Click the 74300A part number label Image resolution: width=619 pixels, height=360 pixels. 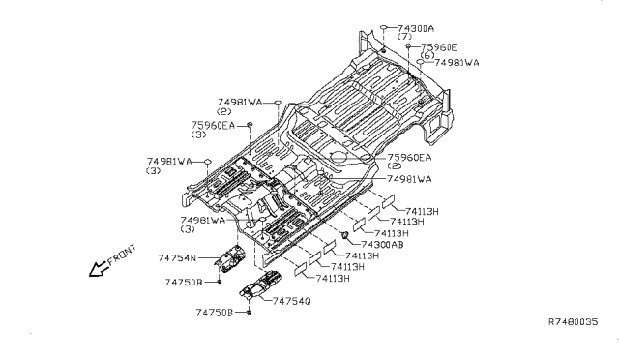point(410,28)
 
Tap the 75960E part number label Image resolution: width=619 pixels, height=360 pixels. point(440,46)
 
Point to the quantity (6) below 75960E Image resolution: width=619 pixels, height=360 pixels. point(427,55)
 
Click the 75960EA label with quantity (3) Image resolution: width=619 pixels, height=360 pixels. point(216,125)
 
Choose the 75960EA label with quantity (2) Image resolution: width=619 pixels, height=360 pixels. point(409,158)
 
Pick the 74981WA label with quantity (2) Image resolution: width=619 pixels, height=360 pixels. point(240,102)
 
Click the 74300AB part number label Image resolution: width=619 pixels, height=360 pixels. point(384,246)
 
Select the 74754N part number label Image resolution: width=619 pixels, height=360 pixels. point(177,257)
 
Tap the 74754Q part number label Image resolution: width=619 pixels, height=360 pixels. point(292,301)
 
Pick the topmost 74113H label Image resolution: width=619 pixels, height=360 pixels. point(422,211)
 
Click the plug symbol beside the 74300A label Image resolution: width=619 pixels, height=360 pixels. point(384,29)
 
